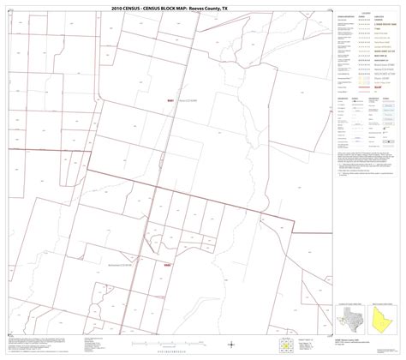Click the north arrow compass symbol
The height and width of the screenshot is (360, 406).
(233, 345)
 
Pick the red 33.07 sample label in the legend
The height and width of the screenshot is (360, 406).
(377, 87)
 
